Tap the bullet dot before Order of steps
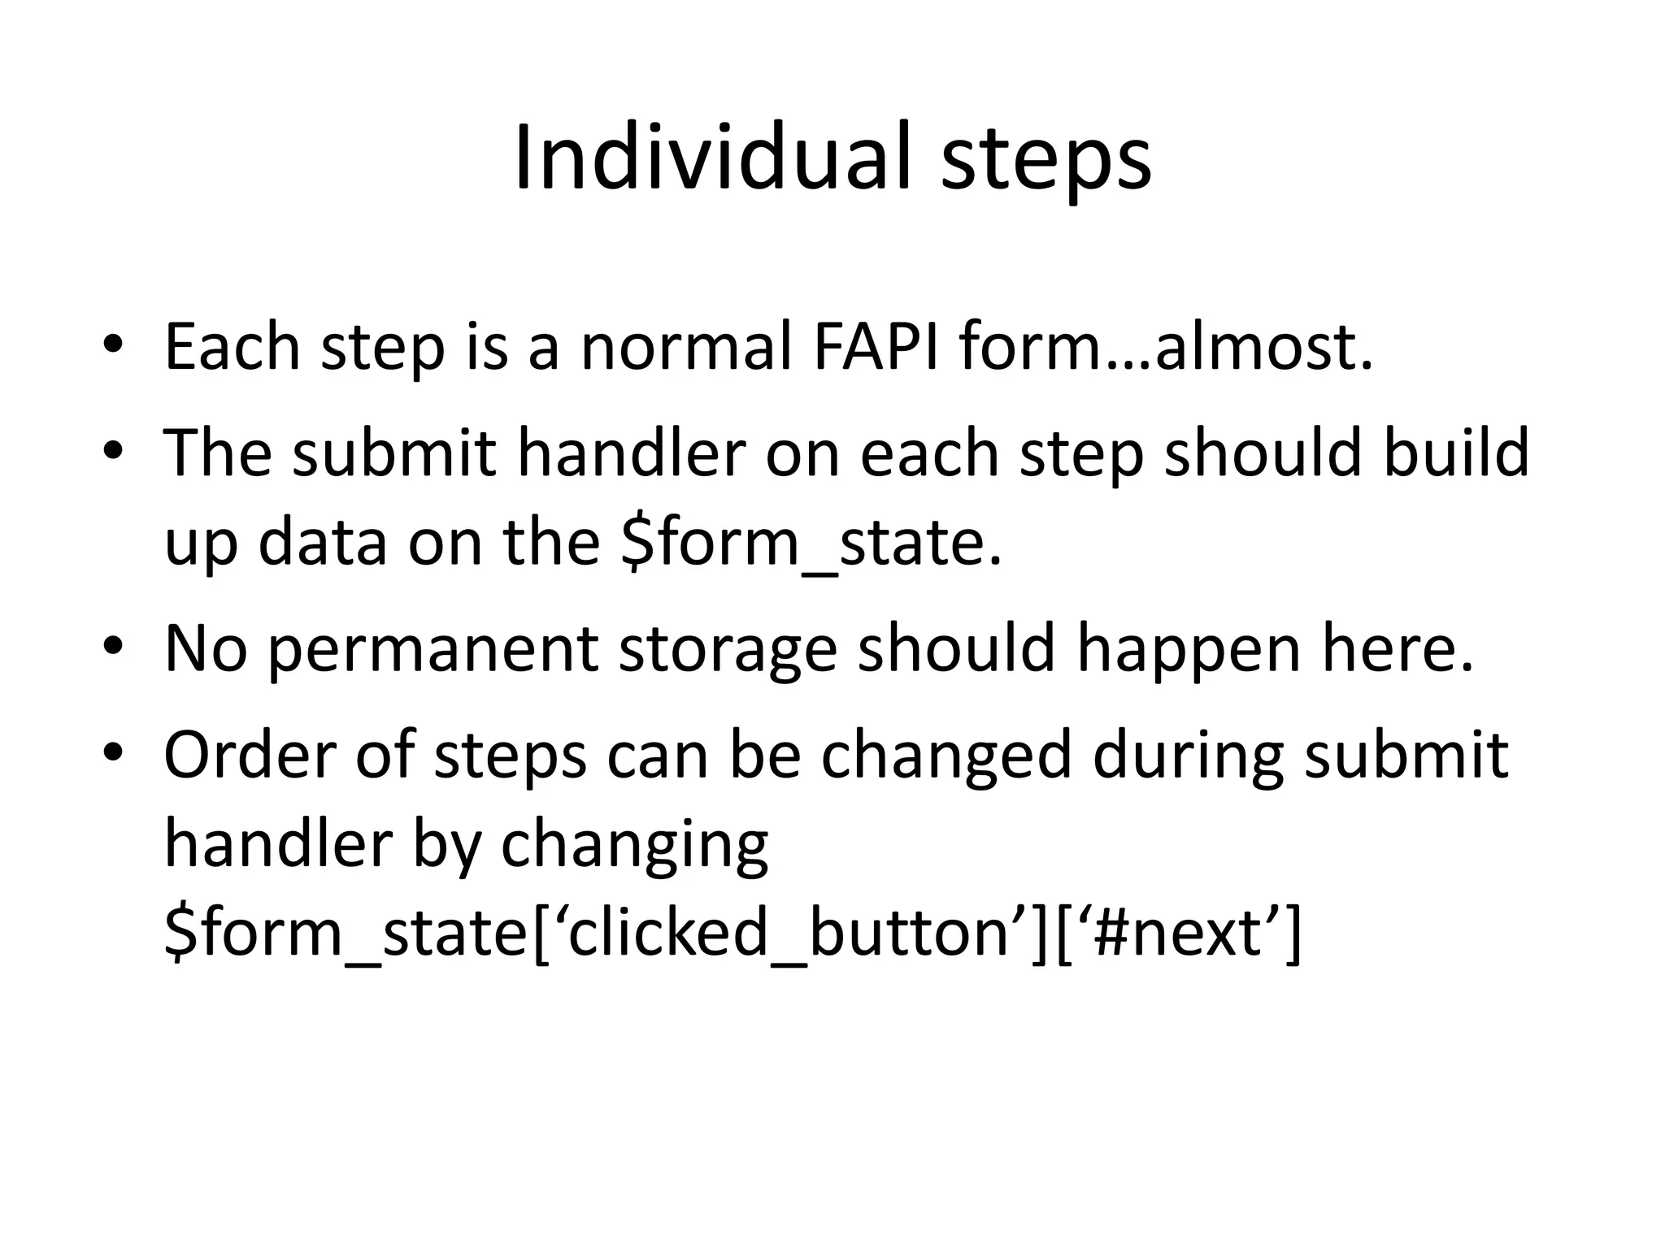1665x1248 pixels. [x=113, y=753]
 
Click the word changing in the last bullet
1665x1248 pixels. [x=634, y=846]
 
